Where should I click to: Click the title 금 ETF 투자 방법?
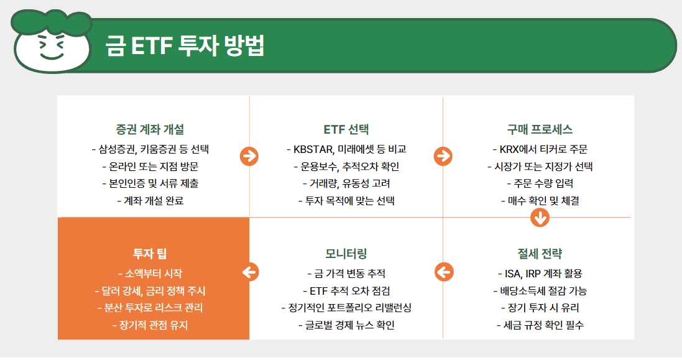click(185, 47)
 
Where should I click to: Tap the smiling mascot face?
click(51, 45)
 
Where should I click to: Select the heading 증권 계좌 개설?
click(150, 129)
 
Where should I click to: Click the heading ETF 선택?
click(346, 129)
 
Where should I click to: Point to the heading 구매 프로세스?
click(540, 129)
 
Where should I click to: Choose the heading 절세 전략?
click(540, 254)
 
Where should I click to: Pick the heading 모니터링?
click(346, 254)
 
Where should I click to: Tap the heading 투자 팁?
click(150, 254)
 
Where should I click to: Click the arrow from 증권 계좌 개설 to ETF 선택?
click(249, 157)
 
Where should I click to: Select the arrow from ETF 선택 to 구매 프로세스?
click(443, 157)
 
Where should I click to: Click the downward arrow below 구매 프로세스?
click(540, 218)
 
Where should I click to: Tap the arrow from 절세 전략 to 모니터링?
click(443, 272)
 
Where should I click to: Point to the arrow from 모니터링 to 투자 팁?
click(249, 272)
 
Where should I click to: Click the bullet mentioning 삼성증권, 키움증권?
click(150, 149)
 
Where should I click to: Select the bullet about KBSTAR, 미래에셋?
click(346, 149)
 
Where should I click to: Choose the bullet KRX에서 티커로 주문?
click(540, 149)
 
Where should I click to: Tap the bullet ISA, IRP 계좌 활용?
click(540, 274)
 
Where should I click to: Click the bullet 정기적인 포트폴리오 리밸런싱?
click(346, 308)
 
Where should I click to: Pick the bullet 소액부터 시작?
click(150, 274)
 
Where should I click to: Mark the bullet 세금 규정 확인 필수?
click(540, 325)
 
